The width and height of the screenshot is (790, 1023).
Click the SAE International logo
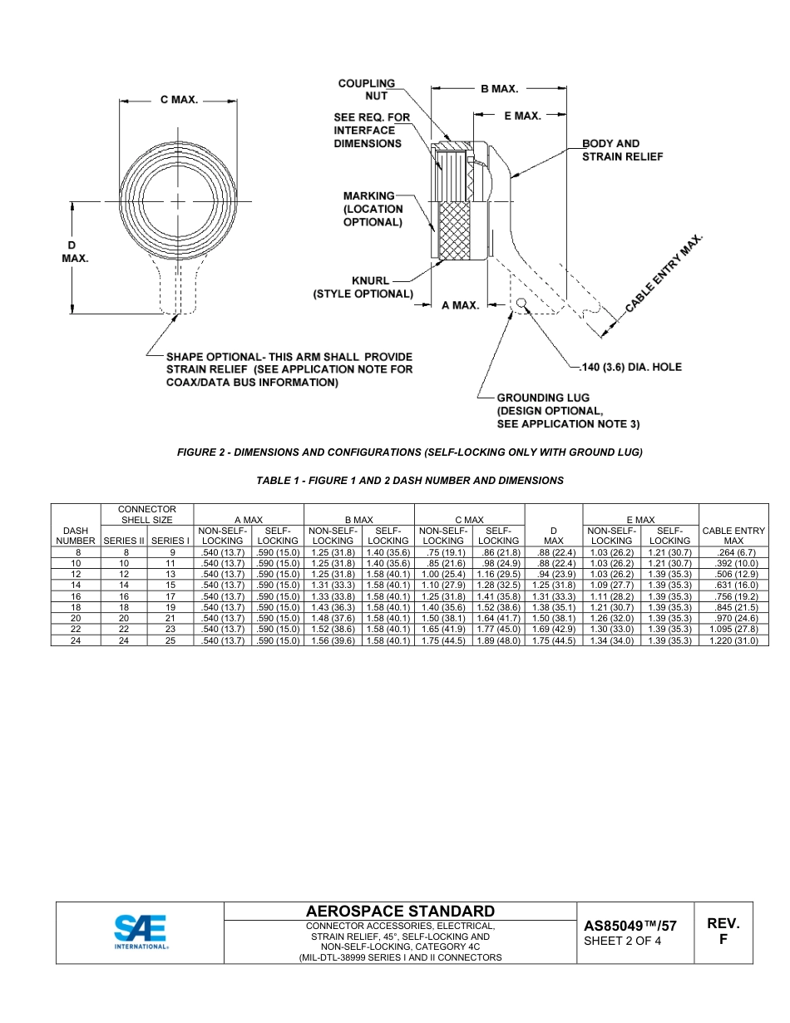[x=140, y=932]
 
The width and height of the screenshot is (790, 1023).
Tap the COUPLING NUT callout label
[x=367, y=90]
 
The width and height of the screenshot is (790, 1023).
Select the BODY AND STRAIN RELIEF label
[x=622, y=150]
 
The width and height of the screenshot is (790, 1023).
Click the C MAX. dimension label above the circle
[x=179, y=100]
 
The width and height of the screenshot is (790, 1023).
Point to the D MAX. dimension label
[x=75, y=252]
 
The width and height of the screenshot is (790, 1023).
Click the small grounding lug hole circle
[x=521, y=303]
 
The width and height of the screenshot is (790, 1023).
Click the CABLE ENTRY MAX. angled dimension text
[x=664, y=274]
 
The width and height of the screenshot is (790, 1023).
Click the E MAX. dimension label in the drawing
[x=522, y=116]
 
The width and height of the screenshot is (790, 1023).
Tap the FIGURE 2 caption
[x=410, y=452]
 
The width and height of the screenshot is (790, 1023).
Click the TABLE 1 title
[x=410, y=481]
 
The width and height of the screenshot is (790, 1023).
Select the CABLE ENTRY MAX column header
[x=733, y=535]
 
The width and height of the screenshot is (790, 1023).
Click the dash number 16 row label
[x=75, y=596]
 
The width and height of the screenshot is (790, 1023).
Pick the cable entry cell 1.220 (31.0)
[x=733, y=641]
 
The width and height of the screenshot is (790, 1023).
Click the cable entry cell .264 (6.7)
[x=733, y=551]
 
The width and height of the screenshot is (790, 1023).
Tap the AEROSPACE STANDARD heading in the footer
[x=400, y=912]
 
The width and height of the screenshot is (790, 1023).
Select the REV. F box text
[x=723, y=932]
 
